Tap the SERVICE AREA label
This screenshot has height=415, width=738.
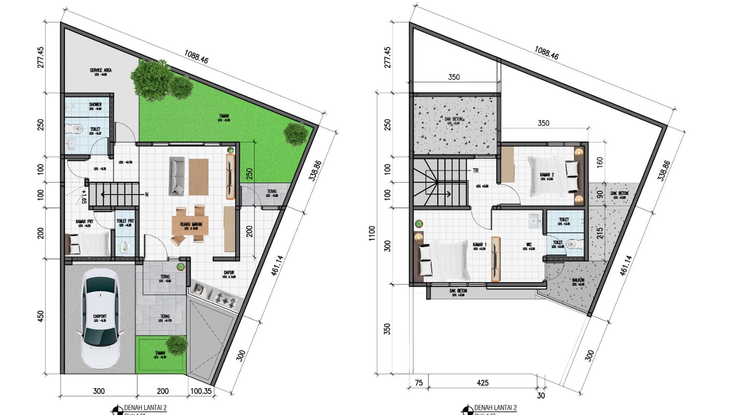101,70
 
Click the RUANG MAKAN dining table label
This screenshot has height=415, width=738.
190,224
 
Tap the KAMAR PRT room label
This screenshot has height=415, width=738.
84,221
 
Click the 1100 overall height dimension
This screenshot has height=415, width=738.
372,234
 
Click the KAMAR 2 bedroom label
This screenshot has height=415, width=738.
547,175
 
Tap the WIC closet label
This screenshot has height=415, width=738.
529,245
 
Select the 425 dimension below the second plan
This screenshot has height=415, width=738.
483,383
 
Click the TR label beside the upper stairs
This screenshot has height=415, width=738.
475,170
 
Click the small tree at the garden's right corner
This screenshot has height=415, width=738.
293,133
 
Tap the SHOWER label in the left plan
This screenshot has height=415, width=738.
95,104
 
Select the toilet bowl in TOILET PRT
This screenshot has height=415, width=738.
124,247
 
